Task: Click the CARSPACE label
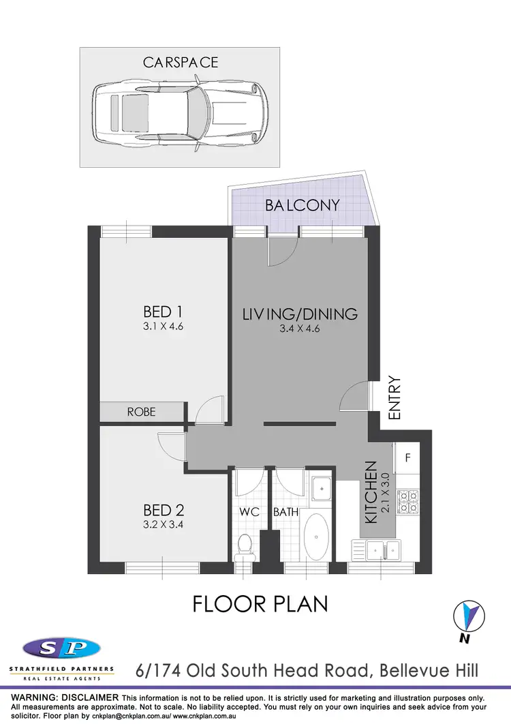click(180, 62)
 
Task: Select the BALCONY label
click(303, 205)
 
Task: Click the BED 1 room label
click(163, 312)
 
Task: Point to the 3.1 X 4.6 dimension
click(163, 326)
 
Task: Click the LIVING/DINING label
click(300, 314)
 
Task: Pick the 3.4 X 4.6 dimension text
click(300, 329)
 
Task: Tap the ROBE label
click(142, 412)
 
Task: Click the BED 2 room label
click(164, 510)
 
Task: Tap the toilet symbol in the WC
click(245, 545)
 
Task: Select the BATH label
click(284, 512)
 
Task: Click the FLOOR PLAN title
click(260, 604)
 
